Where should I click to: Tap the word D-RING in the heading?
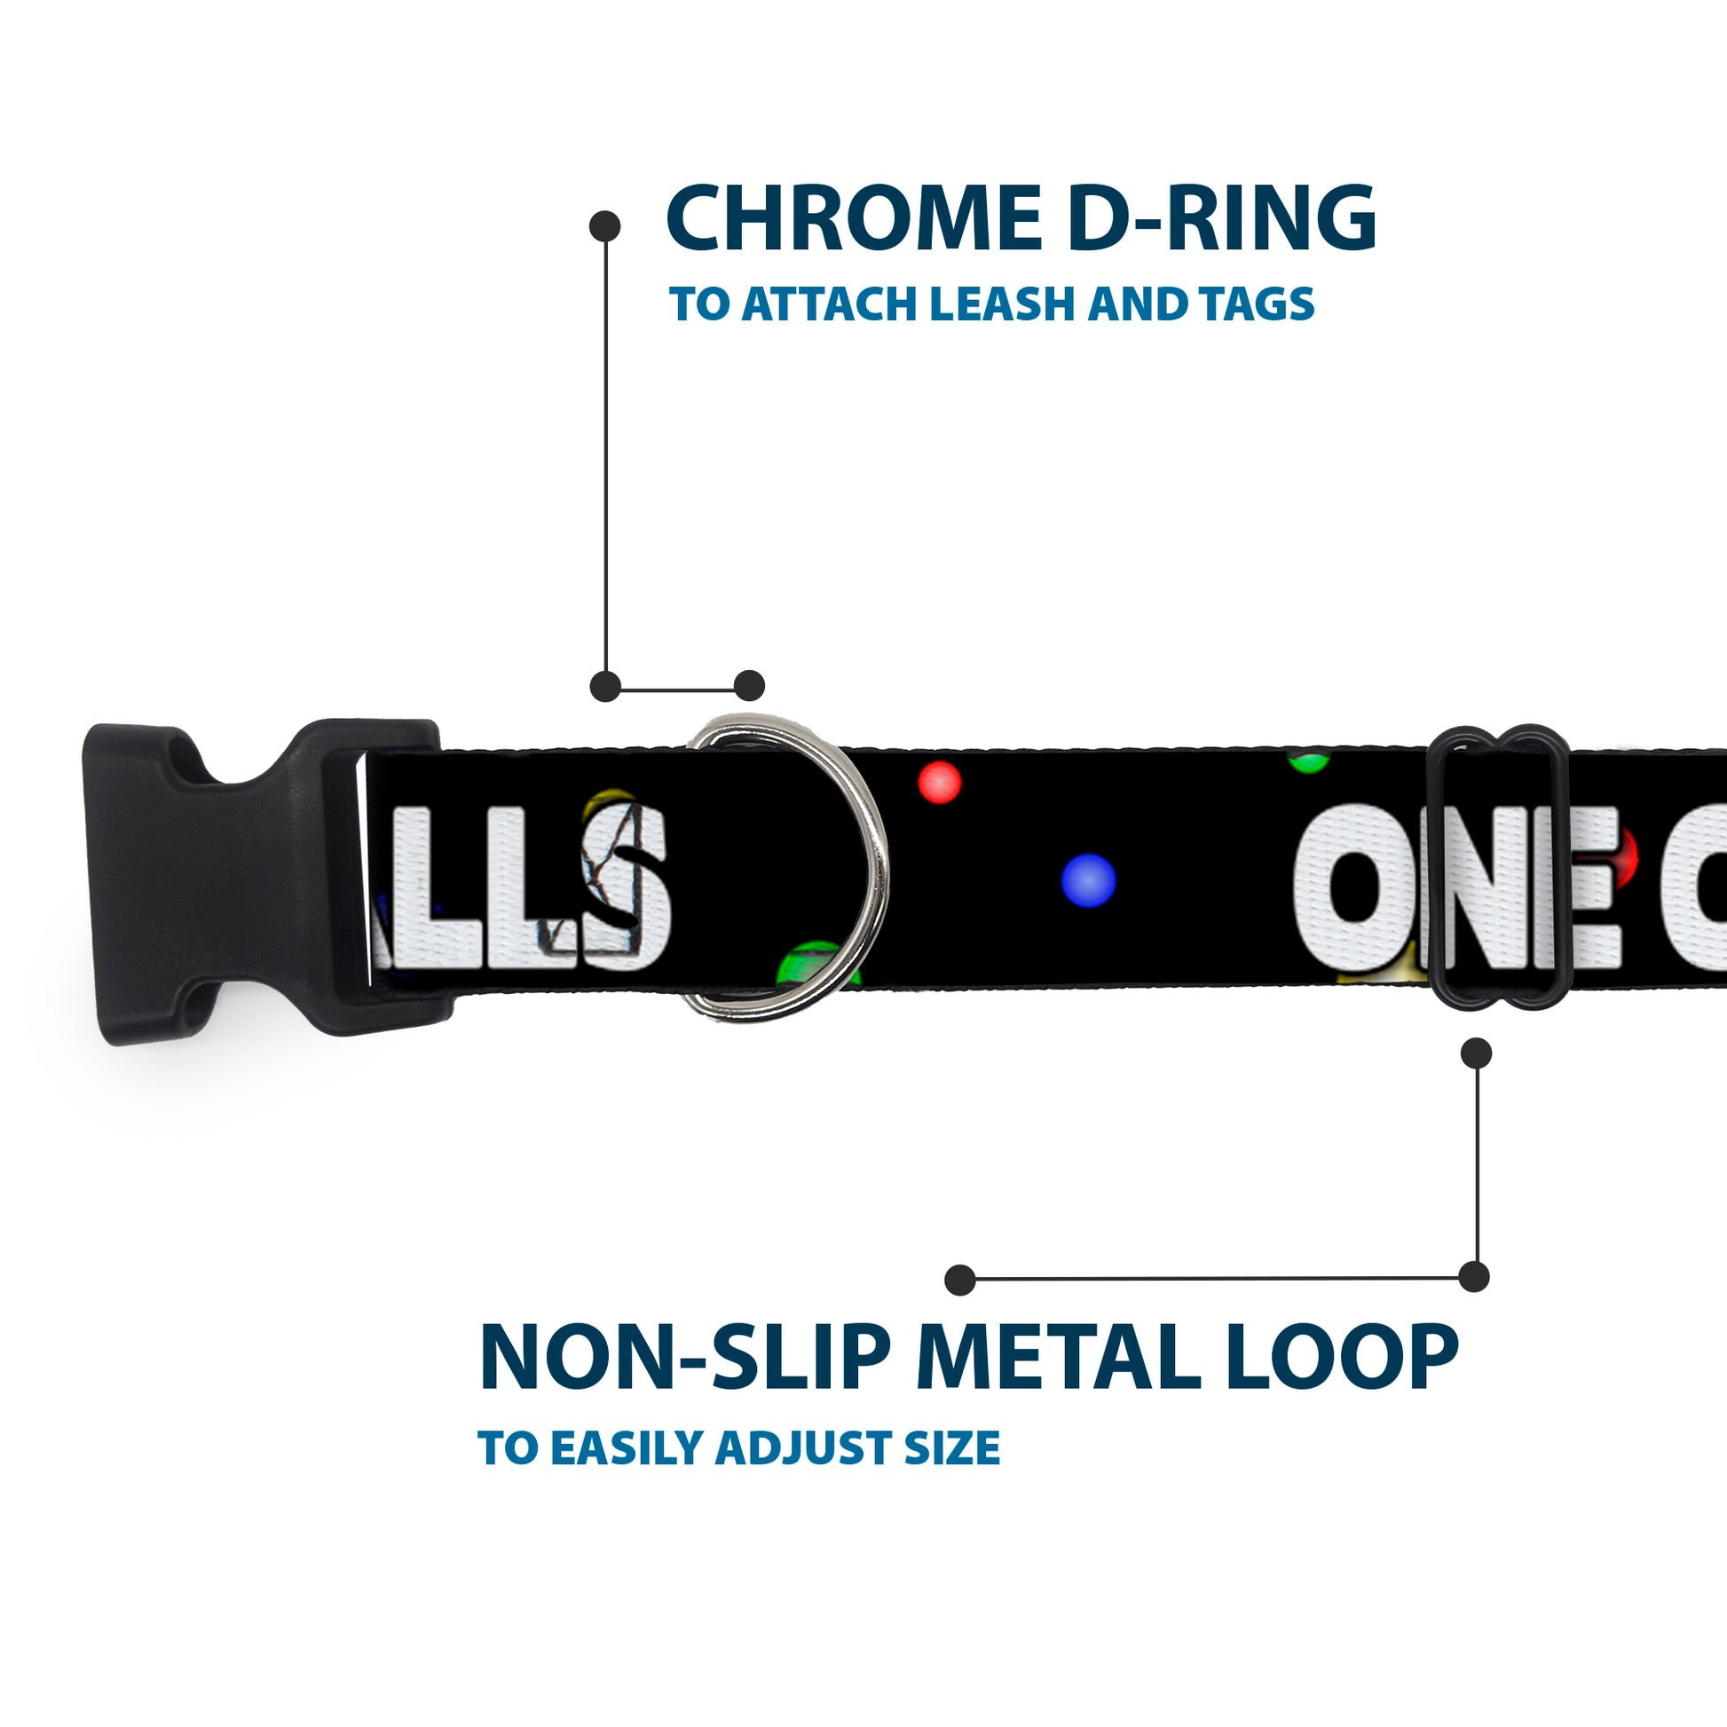[1221, 218]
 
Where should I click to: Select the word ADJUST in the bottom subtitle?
[806, 1448]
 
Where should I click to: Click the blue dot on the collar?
[1088, 879]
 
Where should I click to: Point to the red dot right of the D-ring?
[939, 782]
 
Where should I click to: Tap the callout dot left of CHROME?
[605, 225]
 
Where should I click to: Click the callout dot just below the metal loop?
[1476, 1053]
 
